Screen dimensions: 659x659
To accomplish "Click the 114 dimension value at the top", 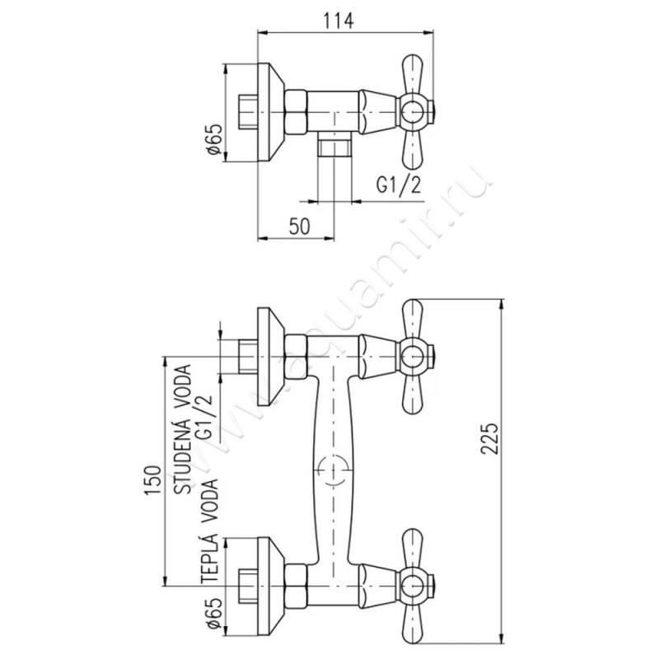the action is pyautogui.click(x=339, y=21).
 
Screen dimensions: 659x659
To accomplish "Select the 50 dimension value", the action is pyautogui.click(x=300, y=227).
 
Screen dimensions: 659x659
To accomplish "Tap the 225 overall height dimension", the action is pyautogui.click(x=489, y=438).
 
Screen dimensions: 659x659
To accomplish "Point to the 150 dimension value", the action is pyautogui.click(x=153, y=480).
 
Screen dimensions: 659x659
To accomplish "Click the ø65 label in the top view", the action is pyautogui.click(x=213, y=139).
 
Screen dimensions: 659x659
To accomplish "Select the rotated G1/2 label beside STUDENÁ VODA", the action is pyautogui.click(x=204, y=417).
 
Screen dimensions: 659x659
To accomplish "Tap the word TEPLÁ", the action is pyautogui.click(x=210, y=558).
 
